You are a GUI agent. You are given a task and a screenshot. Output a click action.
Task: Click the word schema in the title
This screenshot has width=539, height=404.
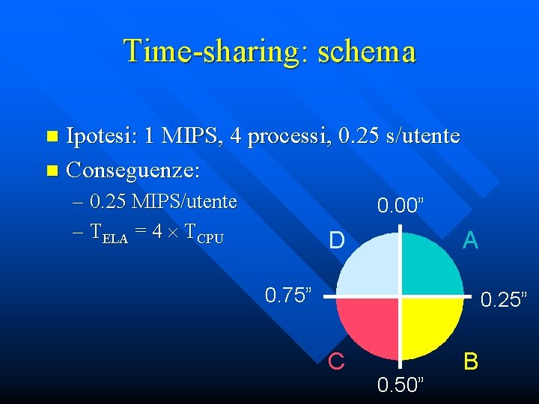pyautogui.click(x=366, y=51)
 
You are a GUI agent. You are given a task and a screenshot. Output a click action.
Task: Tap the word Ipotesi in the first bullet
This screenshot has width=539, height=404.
pyautogui.click(x=101, y=136)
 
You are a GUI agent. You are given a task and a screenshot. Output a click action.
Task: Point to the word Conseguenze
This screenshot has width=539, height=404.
pyautogui.click(x=133, y=171)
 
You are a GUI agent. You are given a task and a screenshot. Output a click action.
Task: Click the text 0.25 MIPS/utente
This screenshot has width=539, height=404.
pyautogui.click(x=162, y=201)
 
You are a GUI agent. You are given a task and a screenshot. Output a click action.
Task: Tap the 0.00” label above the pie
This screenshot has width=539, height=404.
pyautogui.click(x=403, y=205)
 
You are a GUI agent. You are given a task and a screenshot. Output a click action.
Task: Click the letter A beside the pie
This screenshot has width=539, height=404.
pyautogui.click(x=470, y=240)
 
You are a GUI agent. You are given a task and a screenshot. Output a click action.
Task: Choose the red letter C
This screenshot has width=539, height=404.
pyautogui.click(x=336, y=361)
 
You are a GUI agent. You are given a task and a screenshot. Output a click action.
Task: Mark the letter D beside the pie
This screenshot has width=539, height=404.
pyautogui.click(x=337, y=241)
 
